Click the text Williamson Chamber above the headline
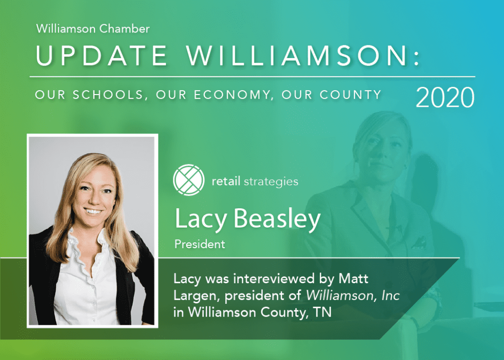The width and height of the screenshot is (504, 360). pyautogui.click(x=93, y=29)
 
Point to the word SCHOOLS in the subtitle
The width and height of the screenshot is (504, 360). pyautogui.click(x=111, y=95)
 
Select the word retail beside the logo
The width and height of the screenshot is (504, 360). pyautogui.click(x=226, y=181)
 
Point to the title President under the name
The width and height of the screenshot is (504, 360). pyautogui.click(x=200, y=244)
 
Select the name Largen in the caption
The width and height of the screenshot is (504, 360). pyautogui.click(x=193, y=297)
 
